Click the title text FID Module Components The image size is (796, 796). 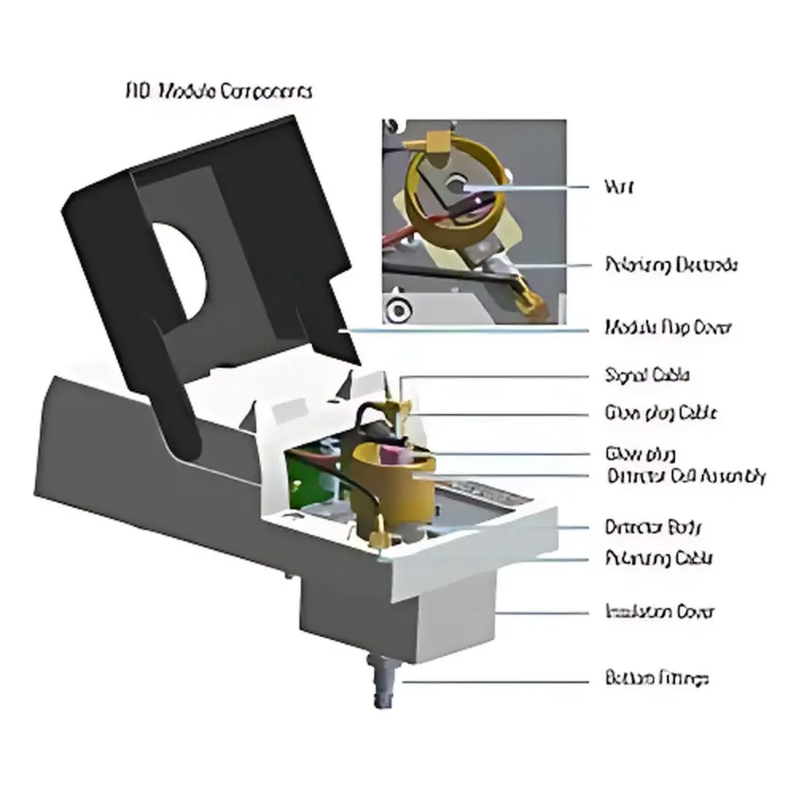[219, 92]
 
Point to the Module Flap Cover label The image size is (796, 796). [668, 327]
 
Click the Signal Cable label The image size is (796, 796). [647, 375]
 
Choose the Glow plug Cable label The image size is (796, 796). [661, 413]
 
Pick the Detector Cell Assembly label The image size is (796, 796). [685, 476]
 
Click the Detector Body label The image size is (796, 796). [654, 527]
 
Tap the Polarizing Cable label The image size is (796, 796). [659, 558]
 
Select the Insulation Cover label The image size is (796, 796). [660, 612]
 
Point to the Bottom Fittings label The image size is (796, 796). [657, 679]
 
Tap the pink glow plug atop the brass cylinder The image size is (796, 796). [393, 455]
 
